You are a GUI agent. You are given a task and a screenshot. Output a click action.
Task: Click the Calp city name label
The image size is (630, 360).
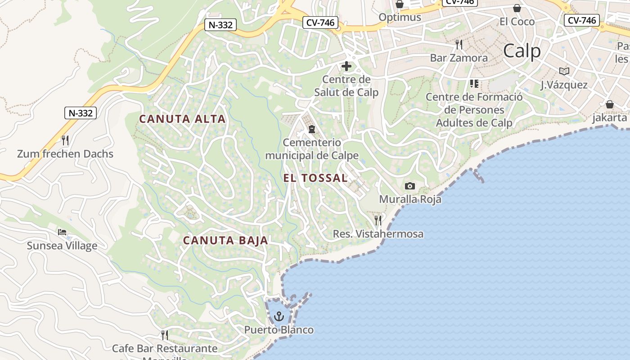point(522,51)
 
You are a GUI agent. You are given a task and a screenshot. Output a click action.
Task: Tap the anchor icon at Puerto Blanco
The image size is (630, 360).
point(279,316)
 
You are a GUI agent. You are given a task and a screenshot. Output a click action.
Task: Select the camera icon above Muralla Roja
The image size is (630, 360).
point(409,186)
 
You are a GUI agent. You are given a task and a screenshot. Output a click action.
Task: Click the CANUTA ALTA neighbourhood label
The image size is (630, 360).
point(182,119)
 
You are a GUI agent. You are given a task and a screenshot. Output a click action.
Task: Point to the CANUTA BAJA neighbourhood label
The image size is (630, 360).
point(225,240)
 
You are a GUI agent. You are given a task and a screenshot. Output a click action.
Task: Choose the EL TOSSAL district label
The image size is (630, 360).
point(315,178)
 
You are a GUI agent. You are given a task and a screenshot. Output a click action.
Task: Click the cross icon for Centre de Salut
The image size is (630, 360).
point(346,66)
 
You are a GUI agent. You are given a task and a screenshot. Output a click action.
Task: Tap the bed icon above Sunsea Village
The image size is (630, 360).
point(62,232)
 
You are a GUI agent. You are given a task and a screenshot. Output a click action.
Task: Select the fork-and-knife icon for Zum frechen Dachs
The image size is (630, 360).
point(65,140)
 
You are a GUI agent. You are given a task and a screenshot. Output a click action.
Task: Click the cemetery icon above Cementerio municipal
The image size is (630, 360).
point(311,129)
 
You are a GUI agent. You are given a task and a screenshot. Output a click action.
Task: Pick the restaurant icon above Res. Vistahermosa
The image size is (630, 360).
point(378,220)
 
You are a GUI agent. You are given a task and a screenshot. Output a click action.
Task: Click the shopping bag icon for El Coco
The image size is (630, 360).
point(517,8)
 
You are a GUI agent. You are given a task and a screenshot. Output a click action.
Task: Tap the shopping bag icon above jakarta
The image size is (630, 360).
point(610,104)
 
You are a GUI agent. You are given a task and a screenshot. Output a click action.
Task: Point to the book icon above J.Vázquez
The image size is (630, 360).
point(564,71)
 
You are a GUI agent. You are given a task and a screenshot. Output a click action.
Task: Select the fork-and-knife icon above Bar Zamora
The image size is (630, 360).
point(459,44)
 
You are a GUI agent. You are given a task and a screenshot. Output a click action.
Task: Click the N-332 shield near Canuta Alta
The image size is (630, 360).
point(81,113)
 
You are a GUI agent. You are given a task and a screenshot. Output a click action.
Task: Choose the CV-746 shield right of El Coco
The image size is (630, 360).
point(582,20)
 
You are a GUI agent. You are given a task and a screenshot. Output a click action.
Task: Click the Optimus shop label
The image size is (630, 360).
point(400,17)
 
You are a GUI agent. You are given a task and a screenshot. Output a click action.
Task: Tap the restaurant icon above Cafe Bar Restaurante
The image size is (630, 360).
point(165,335)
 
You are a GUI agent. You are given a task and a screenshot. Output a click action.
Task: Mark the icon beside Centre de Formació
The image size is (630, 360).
point(474,84)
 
